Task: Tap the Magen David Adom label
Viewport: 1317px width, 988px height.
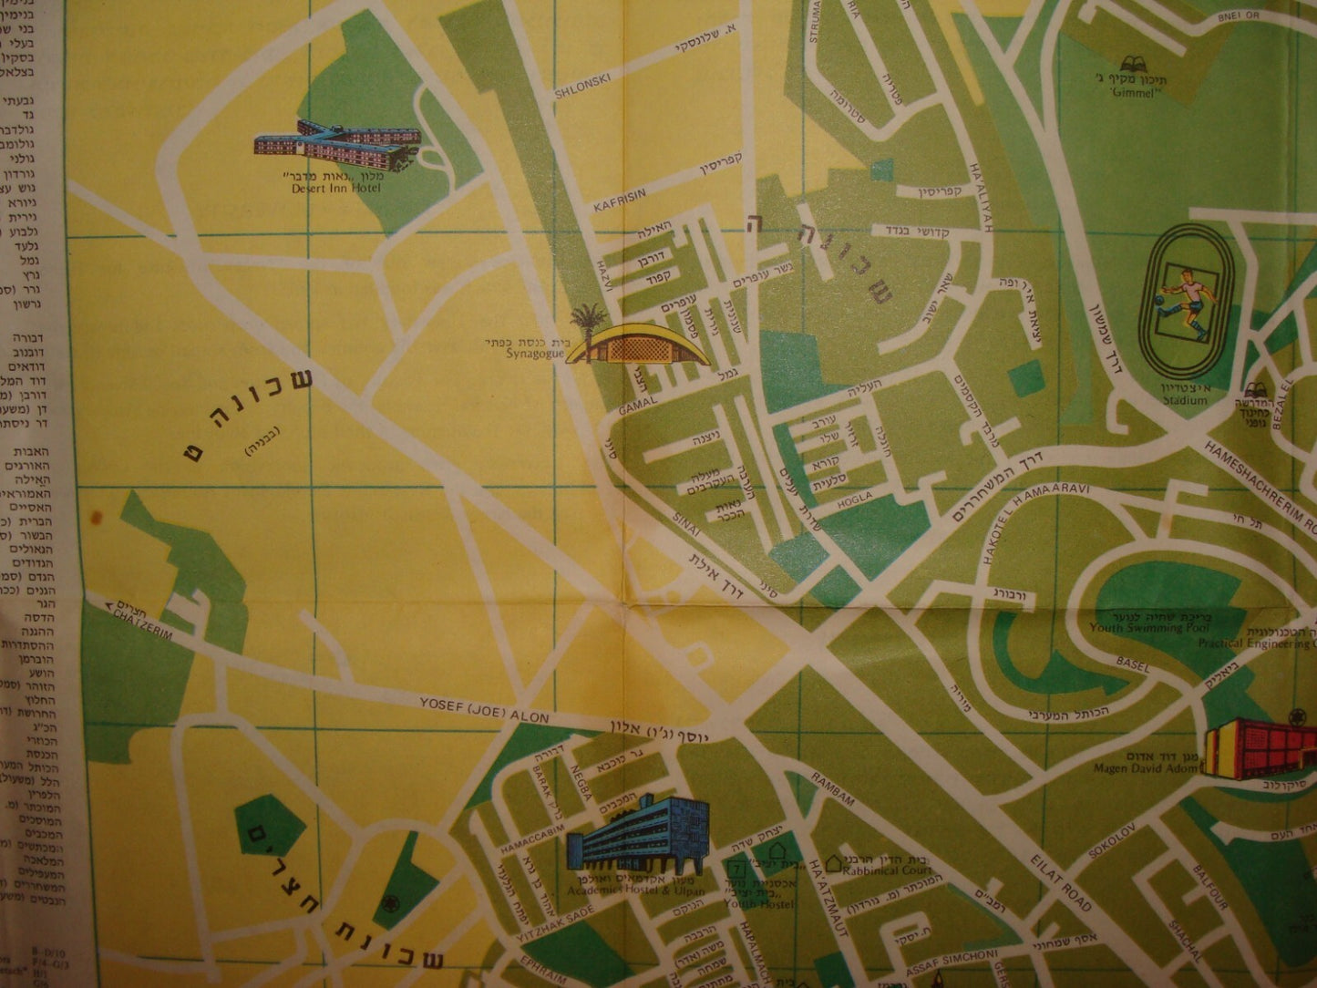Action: (1146, 768)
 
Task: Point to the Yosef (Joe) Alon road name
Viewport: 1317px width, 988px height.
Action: (484, 710)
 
